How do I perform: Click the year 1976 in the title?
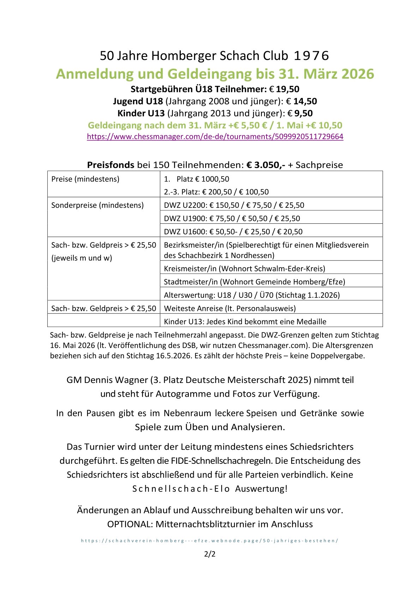coord(311,56)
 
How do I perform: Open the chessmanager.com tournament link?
coord(215,137)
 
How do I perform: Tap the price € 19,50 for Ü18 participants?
coord(287,89)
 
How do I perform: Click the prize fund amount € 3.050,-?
coord(265,165)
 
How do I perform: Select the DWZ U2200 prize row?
coord(234,205)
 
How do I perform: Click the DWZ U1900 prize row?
coord(232,218)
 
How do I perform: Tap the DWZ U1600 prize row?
coord(233,232)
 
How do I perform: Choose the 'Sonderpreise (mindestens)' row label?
coord(97,205)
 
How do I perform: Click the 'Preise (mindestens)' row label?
coord(85,179)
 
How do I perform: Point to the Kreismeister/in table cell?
coord(244,269)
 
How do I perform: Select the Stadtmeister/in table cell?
coord(254,282)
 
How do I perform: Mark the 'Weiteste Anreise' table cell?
coord(230,308)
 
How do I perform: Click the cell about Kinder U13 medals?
coord(245,322)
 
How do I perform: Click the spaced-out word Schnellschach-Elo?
coord(181,489)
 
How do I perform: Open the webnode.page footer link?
coord(210,540)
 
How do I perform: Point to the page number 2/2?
coord(210,554)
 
